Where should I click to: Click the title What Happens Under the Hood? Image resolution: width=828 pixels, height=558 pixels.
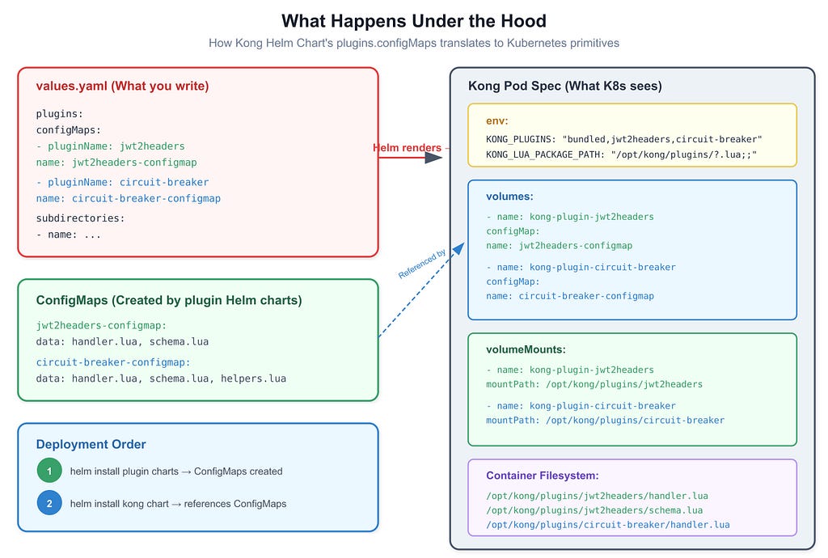coord(413,21)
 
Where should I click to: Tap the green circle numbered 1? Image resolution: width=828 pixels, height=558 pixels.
coord(49,471)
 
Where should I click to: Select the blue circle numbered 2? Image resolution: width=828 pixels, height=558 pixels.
coord(49,503)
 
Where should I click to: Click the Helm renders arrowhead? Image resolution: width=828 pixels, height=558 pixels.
coord(433,157)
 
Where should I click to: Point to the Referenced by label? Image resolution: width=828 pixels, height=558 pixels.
coord(422,264)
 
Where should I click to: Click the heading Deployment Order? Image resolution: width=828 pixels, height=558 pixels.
coord(91,445)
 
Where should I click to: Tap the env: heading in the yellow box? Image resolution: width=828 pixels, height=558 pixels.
coord(497,120)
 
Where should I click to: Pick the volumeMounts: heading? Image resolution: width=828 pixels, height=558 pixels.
coord(526,349)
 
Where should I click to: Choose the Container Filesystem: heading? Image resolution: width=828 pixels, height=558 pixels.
coord(543,476)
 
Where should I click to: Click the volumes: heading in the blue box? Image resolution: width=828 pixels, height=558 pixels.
coord(509,197)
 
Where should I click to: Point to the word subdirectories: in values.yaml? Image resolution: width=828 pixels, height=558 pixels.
coord(80,218)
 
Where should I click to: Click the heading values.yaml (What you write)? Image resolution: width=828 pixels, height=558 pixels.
coord(123,86)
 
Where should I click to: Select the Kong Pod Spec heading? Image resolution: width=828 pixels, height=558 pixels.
coord(565,86)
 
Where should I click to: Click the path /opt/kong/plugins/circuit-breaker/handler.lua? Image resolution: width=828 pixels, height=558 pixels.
coord(608,525)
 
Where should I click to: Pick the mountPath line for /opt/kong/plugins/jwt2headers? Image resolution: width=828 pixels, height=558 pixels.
coord(594,384)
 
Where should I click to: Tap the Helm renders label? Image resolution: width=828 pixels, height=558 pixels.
coord(408,148)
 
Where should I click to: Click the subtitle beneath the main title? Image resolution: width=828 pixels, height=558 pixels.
coord(414,44)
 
